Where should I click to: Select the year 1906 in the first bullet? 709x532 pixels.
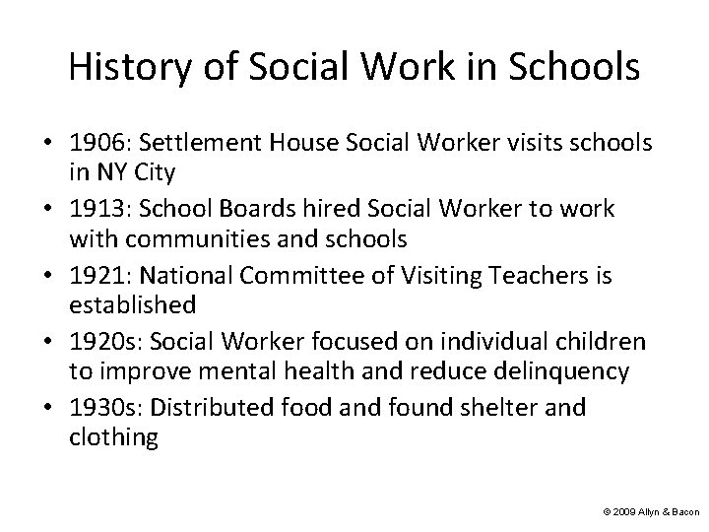coord(96,144)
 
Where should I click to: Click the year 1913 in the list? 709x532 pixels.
coord(96,209)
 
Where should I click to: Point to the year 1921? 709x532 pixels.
coord(96,276)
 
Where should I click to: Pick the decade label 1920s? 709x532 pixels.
coord(100,342)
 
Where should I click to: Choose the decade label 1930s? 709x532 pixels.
coord(100,408)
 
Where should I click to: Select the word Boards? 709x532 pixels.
coord(228,209)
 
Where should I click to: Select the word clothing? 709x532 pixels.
coord(113,437)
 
